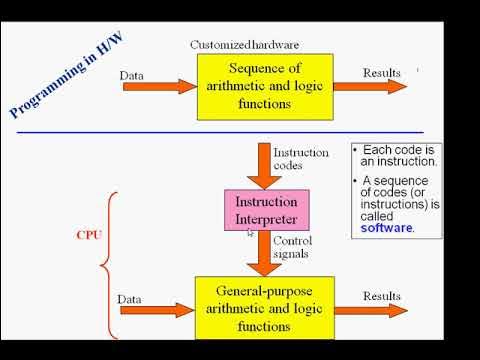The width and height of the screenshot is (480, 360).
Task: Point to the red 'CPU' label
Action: [x=89, y=236]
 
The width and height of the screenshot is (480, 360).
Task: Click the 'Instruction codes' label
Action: [x=294, y=157]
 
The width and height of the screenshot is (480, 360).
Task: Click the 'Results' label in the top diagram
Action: [x=381, y=73]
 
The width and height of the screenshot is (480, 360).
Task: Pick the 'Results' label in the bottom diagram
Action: [x=383, y=297]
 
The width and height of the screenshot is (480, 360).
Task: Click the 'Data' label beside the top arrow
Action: [x=131, y=75]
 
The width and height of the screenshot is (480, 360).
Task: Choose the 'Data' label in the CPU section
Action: [x=131, y=298]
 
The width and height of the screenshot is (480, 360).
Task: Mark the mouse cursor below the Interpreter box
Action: [x=251, y=233]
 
